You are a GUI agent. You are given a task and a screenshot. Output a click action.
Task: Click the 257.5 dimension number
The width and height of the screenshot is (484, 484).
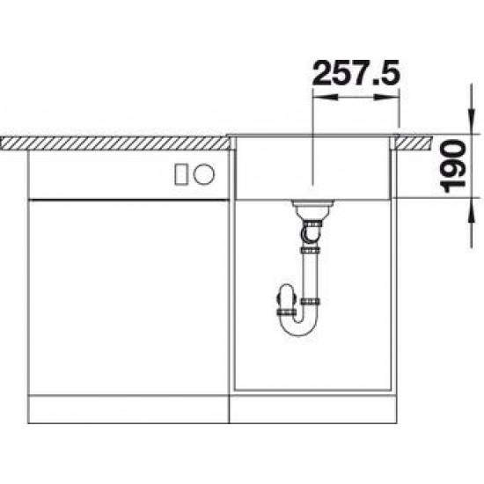tap(356, 73)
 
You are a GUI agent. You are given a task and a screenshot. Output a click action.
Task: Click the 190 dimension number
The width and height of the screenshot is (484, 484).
tap(453, 165)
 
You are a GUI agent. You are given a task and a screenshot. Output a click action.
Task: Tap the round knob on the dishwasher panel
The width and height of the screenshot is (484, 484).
tap(204, 174)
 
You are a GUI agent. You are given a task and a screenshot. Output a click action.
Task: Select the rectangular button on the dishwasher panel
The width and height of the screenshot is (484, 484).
tap(181, 174)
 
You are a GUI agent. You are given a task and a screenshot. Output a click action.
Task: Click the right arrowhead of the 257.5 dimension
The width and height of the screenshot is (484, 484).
tap(387, 97)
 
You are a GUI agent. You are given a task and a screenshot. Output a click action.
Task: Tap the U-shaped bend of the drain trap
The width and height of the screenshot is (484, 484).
tap(299, 324)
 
